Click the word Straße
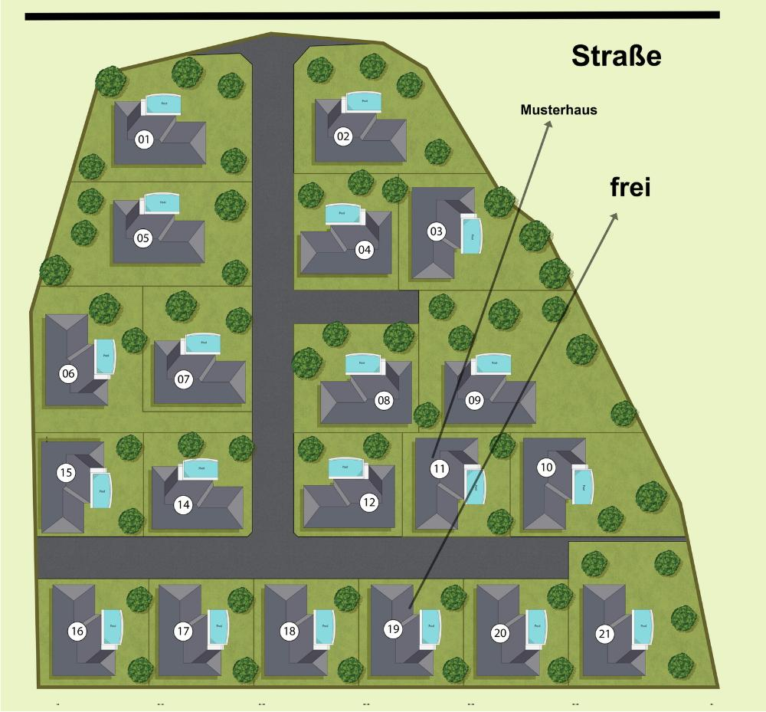pos(616,56)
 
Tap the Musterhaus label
pos(558,110)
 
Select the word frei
pos(630,187)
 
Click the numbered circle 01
pos(143,139)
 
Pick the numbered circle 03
pos(436,231)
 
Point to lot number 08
pos(383,399)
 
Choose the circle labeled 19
pos(393,629)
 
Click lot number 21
pos(605,634)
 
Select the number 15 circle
pos(66,473)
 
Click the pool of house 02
pos(362,102)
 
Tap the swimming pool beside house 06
pos(103,356)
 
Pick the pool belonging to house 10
pos(583,486)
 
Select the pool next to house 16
pos(113,627)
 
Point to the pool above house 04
pos(342,214)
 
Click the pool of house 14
pos(201,469)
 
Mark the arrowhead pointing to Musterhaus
pos(548,123)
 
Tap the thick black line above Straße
pos(372,15)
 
